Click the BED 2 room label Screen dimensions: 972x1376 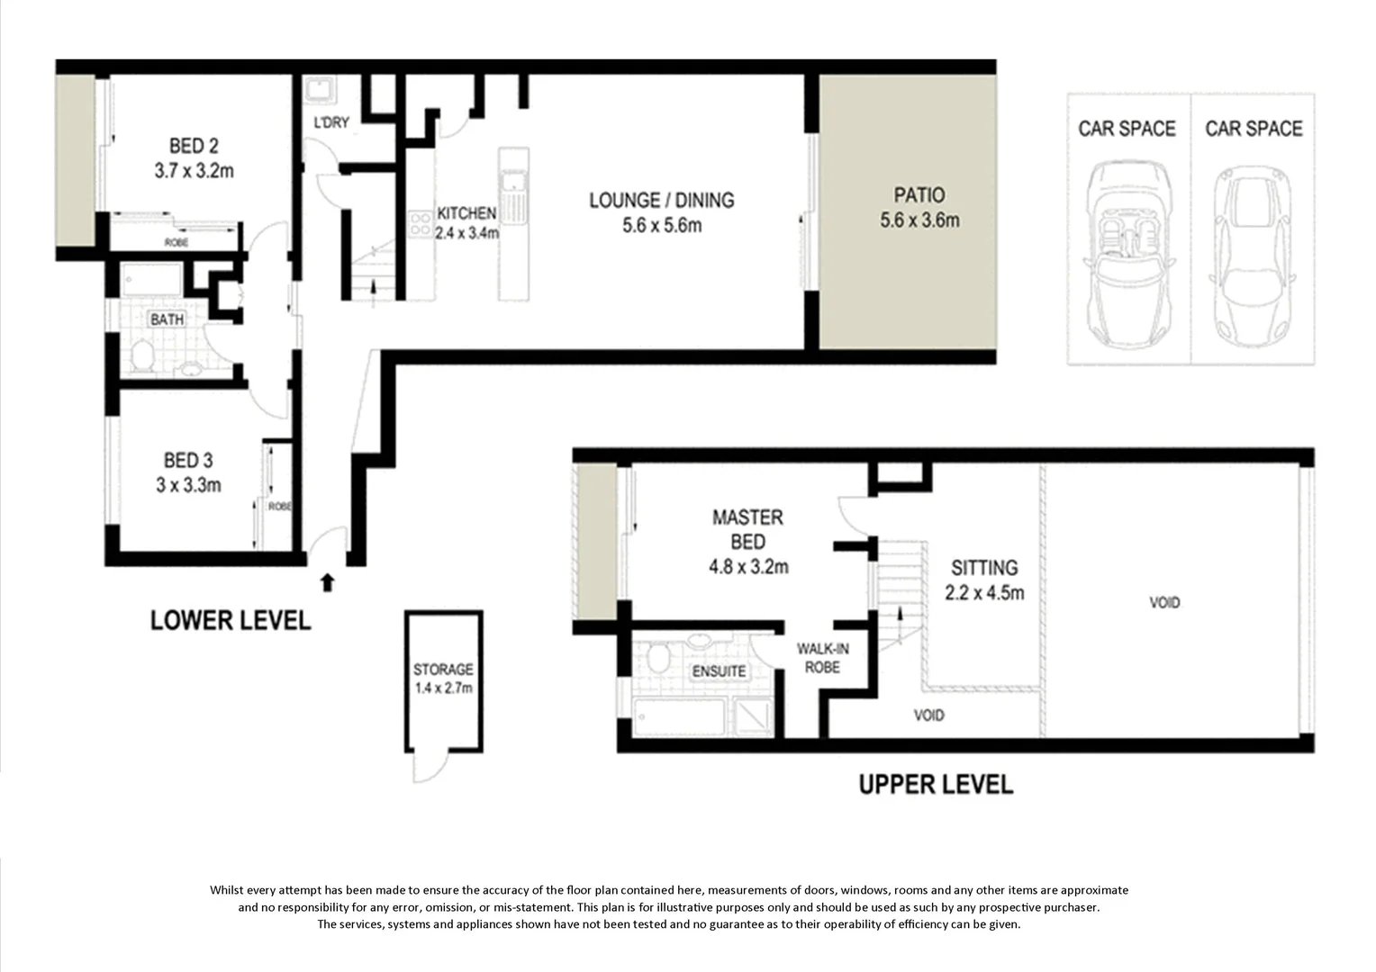pyautogui.click(x=194, y=146)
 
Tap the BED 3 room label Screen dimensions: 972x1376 pyautogui.click(x=187, y=462)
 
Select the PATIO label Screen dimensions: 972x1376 pyautogui.click(x=919, y=195)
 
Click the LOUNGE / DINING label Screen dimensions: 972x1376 pyautogui.click(x=661, y=200)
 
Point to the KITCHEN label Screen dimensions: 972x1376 pyautogui.click(x=466, y=213)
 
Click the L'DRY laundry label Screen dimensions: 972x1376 pyautogui.click(x=330, y=122)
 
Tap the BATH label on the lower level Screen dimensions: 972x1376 pyautogui.click(x=167, y=319)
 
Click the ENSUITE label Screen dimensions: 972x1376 pyautogui.click(x=719, y=671)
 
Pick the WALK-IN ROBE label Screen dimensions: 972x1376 pyautogui.click(x=822, y=658)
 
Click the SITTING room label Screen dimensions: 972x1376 pyautogui.click(x=984, y=568)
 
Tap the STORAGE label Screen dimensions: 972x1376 pyautogui.click(x=443, y=670)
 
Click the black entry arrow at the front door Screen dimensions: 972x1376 pyautogui.click(x=327, y=582)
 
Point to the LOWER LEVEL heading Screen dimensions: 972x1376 pyautogui.click(x=231, y=621)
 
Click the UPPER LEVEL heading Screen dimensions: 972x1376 pyautogui.click(x=935, y=785)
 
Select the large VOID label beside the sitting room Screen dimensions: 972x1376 pyautogui.click(x=1163, y=602)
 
